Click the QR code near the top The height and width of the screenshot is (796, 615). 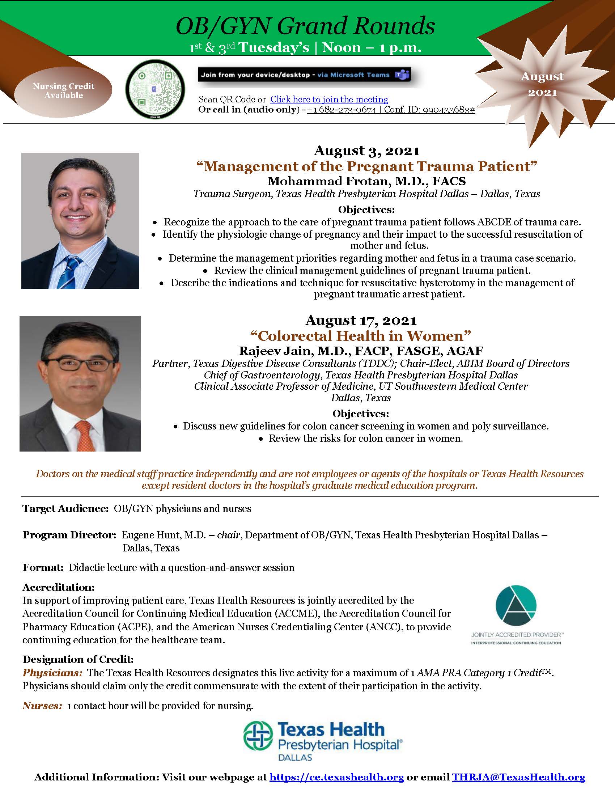pyautogui.click(x=155, y=89)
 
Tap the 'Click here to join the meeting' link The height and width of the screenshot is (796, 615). pyautogui.click(x=329, y=99)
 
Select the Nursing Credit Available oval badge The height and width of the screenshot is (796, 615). pyautogui.click(x=63, y=91)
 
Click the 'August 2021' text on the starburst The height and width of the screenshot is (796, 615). pyautogui.click(x=543, y=84)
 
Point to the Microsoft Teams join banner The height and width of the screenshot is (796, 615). pyautogui.click(x=305, y=75)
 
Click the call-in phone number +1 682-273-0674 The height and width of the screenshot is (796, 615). pyautogui.click(x=342, y=110)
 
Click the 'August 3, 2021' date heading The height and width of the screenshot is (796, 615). pyautogui.click(x=366, y=151)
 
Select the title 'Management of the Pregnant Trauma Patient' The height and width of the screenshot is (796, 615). pyautogui.click(x=366, y=166)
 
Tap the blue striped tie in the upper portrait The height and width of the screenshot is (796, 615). pyautogui.click(x=73, y=271)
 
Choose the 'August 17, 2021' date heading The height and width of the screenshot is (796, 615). pyautogui.click(x=361, y=320)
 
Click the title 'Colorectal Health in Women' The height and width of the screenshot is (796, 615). pyautogui.click(x=361, y=336)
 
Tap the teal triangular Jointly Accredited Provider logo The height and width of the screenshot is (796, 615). pyautogui.click(x=516, y=605)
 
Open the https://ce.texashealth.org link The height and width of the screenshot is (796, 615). pyautogui.click(x=336, y=777)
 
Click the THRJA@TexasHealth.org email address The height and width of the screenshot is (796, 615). pyautogui.click(x=518, y=777)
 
